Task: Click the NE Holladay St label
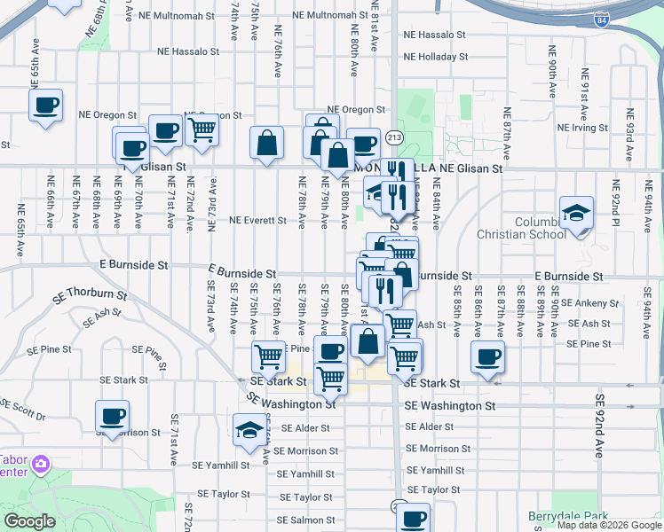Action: (x=434, y=58)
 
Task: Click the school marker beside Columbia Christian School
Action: (x=576, y=215)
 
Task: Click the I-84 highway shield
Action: (x=603, y=18)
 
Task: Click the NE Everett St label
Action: (x=257, y=221)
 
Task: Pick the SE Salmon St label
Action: (x=305, y=520)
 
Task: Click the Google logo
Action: (x=29, y=521)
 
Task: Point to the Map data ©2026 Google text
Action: (x=609, y=525)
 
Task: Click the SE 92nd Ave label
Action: (x=600, y=425)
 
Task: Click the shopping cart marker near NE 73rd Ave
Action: (x=202, y=129)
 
